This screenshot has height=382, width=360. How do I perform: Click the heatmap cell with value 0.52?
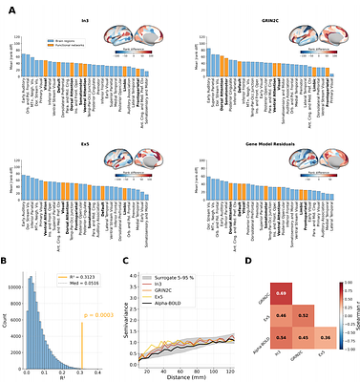tap(305, 314)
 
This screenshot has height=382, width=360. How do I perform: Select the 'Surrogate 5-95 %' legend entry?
tap(166, 277)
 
